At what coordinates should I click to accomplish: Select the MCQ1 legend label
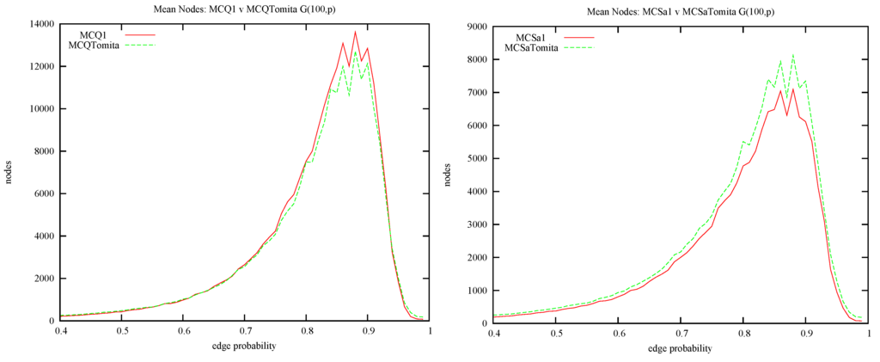tap(93, 34)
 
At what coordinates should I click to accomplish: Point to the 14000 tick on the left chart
tap(40, 24)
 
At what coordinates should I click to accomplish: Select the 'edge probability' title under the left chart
tap(244, 347)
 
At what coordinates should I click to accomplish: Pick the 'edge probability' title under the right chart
tap(681, 349)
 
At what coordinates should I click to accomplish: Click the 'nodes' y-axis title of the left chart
tap(9, 173)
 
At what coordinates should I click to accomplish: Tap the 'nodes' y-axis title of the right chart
tap(448, 175)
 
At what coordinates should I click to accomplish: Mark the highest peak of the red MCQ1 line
tap(355, 32)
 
